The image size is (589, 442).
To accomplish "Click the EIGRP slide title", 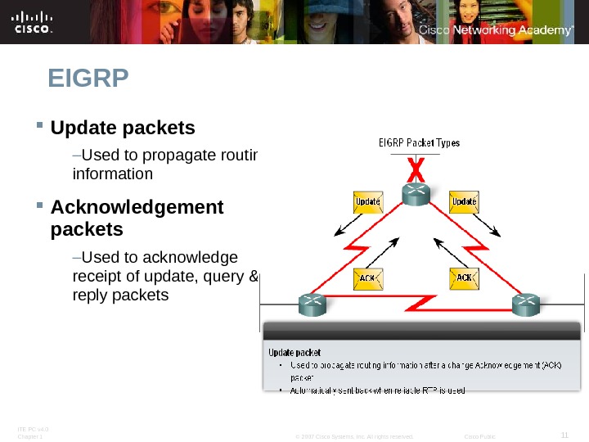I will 89,79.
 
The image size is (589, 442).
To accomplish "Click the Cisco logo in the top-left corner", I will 34,22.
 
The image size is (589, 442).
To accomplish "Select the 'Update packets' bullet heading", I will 123,129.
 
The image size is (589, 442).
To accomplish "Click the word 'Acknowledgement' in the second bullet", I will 137,207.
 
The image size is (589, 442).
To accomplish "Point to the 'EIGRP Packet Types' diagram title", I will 419,143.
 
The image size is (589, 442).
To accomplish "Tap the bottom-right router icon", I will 525,304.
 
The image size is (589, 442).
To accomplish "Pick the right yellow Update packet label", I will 465,200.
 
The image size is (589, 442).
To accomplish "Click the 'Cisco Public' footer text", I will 479,437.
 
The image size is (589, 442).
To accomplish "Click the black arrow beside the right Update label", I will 488,227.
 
